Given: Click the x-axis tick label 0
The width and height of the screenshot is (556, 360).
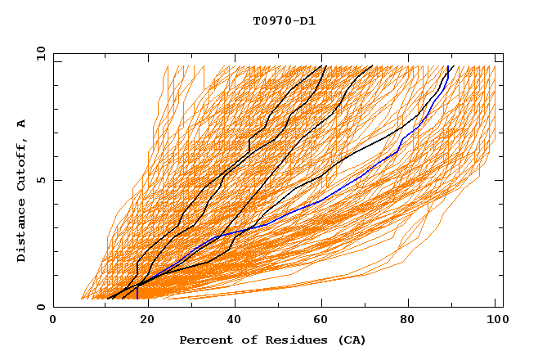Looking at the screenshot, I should pos(53,322).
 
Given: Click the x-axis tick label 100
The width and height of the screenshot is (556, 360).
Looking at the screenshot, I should pos(495,322).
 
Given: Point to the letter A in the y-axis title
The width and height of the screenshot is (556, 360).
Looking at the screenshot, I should pos(21,124).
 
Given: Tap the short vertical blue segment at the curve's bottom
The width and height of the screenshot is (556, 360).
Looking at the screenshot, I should pos(137,292).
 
